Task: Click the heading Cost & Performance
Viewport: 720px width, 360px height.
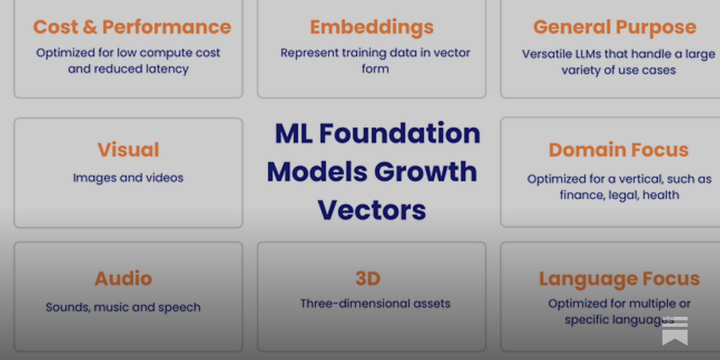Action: pyautogui.click(x=132, y=27)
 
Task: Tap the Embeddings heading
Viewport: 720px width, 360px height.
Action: pyautogui.click(x=372, y=27)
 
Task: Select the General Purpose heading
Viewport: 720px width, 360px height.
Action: pyautogui.click(x=615, y=27)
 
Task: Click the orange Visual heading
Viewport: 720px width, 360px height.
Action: pyautogui.click(x=128, y=150)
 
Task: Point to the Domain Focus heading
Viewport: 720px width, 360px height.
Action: pyautogui.click(x=618, y=150)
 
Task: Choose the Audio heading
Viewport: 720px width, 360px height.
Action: pyautogui.click(x=123, y=279)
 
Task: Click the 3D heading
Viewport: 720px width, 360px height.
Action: pyautogui.click(x=368, y=279)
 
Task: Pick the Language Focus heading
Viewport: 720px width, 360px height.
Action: pyautogui.click(x=619, y=279)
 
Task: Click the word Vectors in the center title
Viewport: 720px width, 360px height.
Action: pyautogui.click(x=372, y=210)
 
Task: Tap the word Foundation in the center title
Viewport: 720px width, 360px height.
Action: pyautogui.click(x=400, y=134)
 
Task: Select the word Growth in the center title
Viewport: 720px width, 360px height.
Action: pyautogui.click(x=425, y=172)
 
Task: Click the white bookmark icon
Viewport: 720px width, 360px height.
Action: pyautogui.click(x=675, y=331)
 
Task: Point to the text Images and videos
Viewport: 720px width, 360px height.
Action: pyautogui.click(x=128, y=178)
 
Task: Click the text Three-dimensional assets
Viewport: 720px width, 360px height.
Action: pyautogui.click(x=375, y=304)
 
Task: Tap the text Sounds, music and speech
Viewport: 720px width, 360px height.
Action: pyautogui.click(x=123, y=307)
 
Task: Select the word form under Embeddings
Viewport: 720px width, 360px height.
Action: pyautogui.click(x=375, y=69)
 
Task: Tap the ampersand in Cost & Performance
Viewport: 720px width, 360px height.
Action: pyautogui.click(x=90, y=27)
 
